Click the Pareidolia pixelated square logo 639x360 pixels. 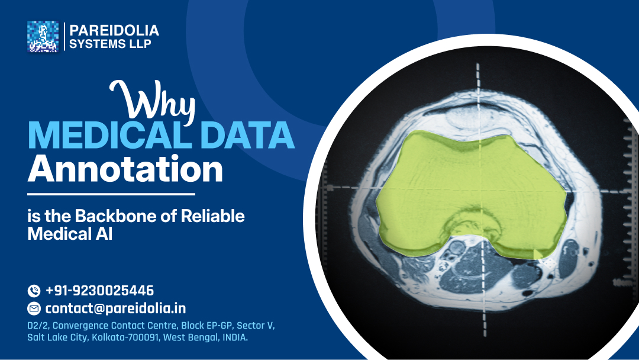point(43,37)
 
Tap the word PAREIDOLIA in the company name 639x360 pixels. point(114,30)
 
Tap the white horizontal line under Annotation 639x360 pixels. point(111,194)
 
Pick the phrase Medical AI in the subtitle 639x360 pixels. point(70,234)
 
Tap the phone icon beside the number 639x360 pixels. point(34,291)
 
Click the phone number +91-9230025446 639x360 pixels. point(99,291)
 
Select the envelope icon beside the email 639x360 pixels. point(34,308)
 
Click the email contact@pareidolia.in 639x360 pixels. point(115,308)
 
